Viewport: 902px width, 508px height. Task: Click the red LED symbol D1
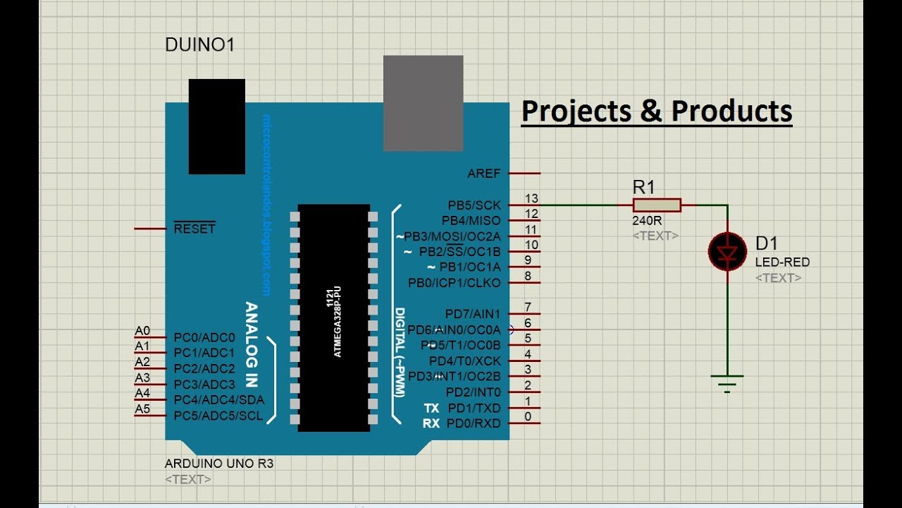727,251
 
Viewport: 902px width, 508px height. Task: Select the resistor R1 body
657,205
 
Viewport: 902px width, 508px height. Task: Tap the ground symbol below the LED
727,383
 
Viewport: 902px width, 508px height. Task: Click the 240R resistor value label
647,220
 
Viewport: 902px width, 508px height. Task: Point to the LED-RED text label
782,262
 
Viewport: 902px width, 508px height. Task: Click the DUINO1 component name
199,45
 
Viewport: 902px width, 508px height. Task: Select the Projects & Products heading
656,111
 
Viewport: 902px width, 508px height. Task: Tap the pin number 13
531,198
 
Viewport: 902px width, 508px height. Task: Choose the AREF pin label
483,174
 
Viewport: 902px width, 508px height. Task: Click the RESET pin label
194,229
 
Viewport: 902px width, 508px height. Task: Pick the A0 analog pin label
142,331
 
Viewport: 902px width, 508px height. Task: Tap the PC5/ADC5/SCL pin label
218,416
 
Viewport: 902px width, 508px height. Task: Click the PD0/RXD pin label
473,423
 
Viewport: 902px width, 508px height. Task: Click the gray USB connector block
423,103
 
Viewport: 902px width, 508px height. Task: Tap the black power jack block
216,126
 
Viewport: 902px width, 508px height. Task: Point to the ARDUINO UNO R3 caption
219,464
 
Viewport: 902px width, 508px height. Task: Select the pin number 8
528,276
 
